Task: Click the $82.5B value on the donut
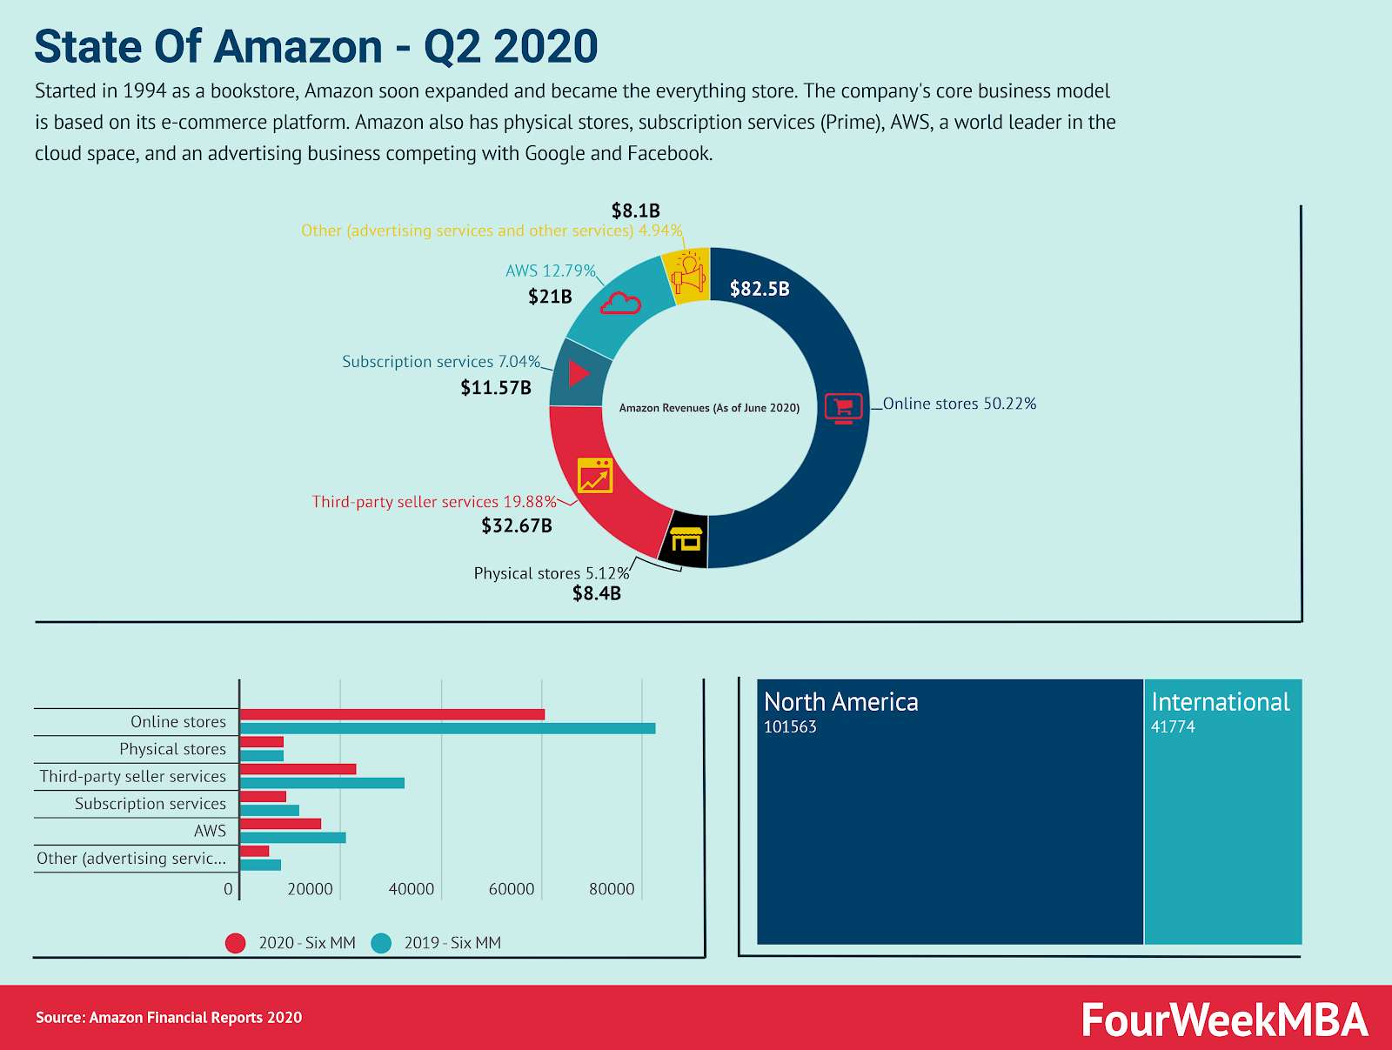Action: [x=760, y=289]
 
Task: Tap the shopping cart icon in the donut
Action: [x=843, y=407]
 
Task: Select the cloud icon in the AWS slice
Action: [x=620, y=304]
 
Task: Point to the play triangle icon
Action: [x=579, y=374]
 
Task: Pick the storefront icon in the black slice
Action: [x=686, y=539]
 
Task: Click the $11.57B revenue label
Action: [x=496, y=388]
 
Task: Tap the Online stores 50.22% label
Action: [x=959, y=404]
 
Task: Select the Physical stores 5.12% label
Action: [x=551, y=573]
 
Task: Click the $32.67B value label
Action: [x=517, y=525]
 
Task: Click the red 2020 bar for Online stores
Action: [x=392, y=715]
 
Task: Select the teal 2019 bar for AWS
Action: [x=293, y=838]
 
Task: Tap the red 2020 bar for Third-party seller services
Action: [x=298, y=769]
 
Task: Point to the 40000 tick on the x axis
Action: [x=412, y=889]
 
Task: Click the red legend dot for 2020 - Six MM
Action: [x=235, y=943]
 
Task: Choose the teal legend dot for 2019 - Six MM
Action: [x=381, y=943]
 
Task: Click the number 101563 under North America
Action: [x=790, y=727]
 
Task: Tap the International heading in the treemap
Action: [x=1220, y=702]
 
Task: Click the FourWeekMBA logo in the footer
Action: [x=1224, y=1020]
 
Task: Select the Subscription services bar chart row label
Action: [x=150, y=804]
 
